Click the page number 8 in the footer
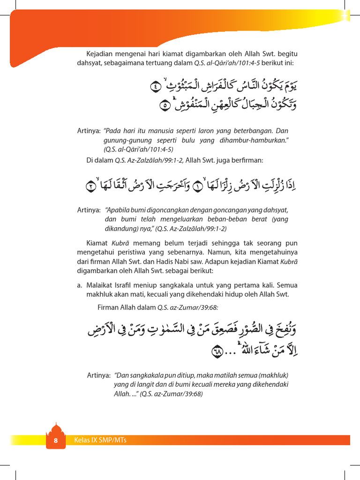55,441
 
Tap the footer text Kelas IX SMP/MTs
100,440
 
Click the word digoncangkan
163,210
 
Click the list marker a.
79,285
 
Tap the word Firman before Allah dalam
108,307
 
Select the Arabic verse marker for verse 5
165,105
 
